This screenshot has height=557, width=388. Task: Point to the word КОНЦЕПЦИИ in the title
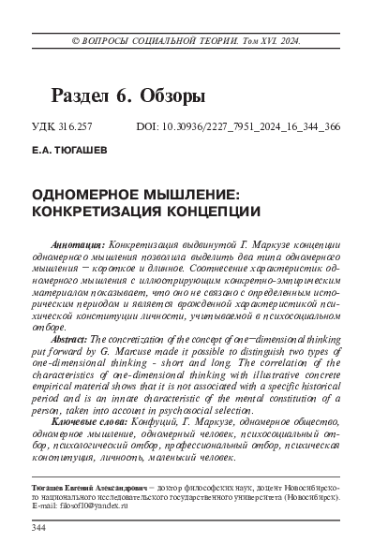[211, 211]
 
